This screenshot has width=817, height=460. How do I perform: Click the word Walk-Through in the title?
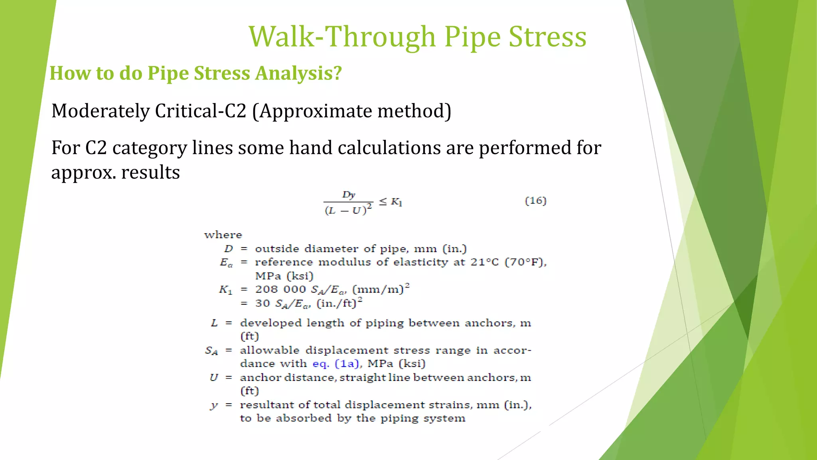click(342, 37)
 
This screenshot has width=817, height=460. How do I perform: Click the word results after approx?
click(150, 172)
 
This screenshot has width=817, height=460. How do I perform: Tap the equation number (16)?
click(535, 200)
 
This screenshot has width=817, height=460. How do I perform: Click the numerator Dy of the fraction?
click(348, 195)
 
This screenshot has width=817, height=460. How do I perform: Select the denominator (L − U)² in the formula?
click(348, 210)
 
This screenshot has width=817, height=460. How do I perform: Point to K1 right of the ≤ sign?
click(396, 202)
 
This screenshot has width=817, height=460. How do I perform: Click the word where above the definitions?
click(223, 235)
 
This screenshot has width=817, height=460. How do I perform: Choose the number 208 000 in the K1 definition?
click(280, 289)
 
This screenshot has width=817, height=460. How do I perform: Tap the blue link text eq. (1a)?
click(336, 364)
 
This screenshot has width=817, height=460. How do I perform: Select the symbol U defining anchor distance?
click(214, 378)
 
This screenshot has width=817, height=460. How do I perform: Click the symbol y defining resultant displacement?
click(214, 405)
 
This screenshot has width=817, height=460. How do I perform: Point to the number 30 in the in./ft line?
click(262, 303)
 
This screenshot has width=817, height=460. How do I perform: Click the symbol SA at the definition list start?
click(211, 351)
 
